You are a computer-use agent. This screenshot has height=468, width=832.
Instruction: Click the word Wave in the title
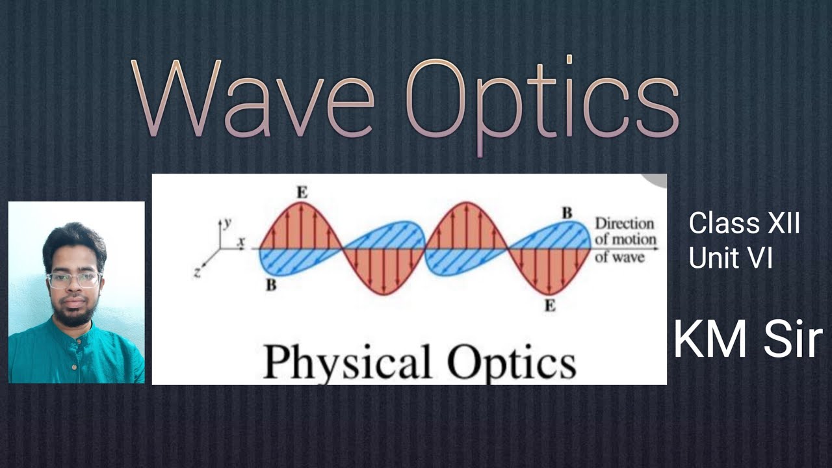(x=253, y=97)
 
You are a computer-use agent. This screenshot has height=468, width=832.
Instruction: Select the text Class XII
(x=744, y=224)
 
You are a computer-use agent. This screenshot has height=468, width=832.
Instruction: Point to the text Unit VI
(x=731, y=259)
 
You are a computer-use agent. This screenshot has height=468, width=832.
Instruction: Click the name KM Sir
(x=747, y=340)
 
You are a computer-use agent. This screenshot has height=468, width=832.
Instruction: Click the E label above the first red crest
(x=302, y=192)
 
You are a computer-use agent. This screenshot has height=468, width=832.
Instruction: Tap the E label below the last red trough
(x=550, y=305)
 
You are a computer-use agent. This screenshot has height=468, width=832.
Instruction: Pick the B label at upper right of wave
(x=567, y=213)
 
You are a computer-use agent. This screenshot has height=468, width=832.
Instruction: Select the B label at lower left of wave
(x=271, y=284)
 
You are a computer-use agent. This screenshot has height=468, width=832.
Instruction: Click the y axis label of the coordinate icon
(x=227, y=222)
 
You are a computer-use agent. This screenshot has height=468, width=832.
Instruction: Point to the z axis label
(x=197, y=272)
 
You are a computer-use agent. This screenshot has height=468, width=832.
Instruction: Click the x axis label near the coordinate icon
(x=241, y=242)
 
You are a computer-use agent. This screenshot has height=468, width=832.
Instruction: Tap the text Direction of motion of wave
(x=625, y=240)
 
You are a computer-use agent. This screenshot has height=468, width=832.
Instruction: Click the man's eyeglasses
(x=74, y=279)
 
